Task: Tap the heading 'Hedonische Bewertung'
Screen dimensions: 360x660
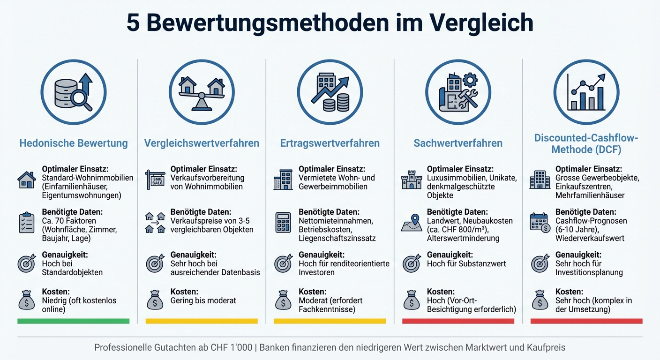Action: tap(74, 143)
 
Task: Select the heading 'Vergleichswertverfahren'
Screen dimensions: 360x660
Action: tap(202, 143)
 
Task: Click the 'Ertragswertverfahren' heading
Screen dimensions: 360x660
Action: tap(330, 143)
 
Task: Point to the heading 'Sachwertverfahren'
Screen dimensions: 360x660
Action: tap(458, 143)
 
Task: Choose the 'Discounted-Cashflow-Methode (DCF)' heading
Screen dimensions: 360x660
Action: tap(586, 143)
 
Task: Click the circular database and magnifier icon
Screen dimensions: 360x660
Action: tap(74, 92)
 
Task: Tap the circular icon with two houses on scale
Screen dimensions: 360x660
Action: tap(202, 92)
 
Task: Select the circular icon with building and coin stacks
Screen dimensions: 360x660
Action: tap(330, 92)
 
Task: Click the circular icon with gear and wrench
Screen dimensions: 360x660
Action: tap(458, 92)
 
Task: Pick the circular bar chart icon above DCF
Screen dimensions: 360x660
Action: tap(586, 92)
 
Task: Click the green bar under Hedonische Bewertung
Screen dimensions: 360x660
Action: tap(74, 321)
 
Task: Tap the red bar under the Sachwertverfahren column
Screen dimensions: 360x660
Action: tap(458, 321)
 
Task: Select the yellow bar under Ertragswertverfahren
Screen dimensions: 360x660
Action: tap(330, 321)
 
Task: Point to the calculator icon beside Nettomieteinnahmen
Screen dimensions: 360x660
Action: tap(283, 222)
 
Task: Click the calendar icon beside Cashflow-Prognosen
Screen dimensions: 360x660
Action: tap(540, 222)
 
